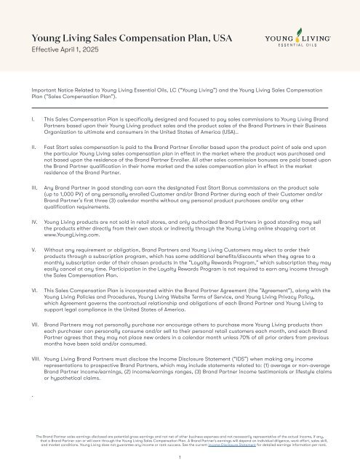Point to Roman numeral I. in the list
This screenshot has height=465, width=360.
click(32, 117)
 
